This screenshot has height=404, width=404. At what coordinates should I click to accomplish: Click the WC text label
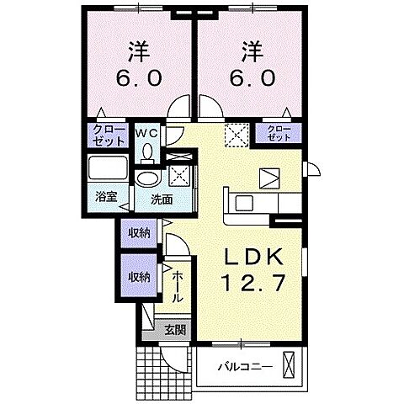[x=147, y=133]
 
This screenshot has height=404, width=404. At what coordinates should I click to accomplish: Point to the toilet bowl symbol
[x=148, y=152]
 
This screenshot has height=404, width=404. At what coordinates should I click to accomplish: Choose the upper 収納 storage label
[x=140, y=231]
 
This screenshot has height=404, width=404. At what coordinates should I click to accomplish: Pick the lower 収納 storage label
[x=140, y=276]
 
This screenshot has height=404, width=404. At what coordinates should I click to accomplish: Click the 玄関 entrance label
[x=175, y=329]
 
